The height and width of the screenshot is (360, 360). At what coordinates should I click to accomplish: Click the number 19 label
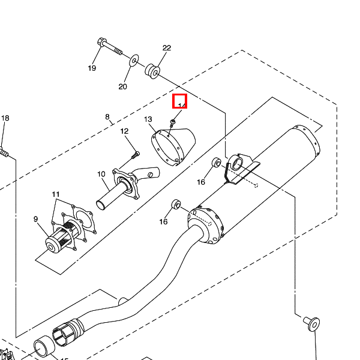point(92,68)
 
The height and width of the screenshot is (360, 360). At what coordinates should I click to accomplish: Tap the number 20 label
point(122,86)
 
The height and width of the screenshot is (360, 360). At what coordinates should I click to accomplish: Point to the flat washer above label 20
point(134,60)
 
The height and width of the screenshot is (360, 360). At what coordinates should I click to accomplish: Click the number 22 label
point(167,48)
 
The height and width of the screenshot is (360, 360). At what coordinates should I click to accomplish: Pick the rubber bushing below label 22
point(152,70)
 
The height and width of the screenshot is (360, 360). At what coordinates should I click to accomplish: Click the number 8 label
point(107,116)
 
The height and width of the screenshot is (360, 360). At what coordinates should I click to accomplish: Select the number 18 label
point(5,118)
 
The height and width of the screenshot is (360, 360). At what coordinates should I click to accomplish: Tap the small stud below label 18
point(4,152)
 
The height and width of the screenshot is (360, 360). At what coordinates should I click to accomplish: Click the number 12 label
point(125,131)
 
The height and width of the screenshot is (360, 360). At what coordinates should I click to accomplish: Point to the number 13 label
point(148,119)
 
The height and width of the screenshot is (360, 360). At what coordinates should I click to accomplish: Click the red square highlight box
point(180,101)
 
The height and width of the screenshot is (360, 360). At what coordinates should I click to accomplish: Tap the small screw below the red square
point(173,122)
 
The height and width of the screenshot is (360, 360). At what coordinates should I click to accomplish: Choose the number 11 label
point(56,194)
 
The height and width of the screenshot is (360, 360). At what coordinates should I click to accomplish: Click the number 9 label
point(35,218)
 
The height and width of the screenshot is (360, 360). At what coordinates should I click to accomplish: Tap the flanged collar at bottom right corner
point(312,323)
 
